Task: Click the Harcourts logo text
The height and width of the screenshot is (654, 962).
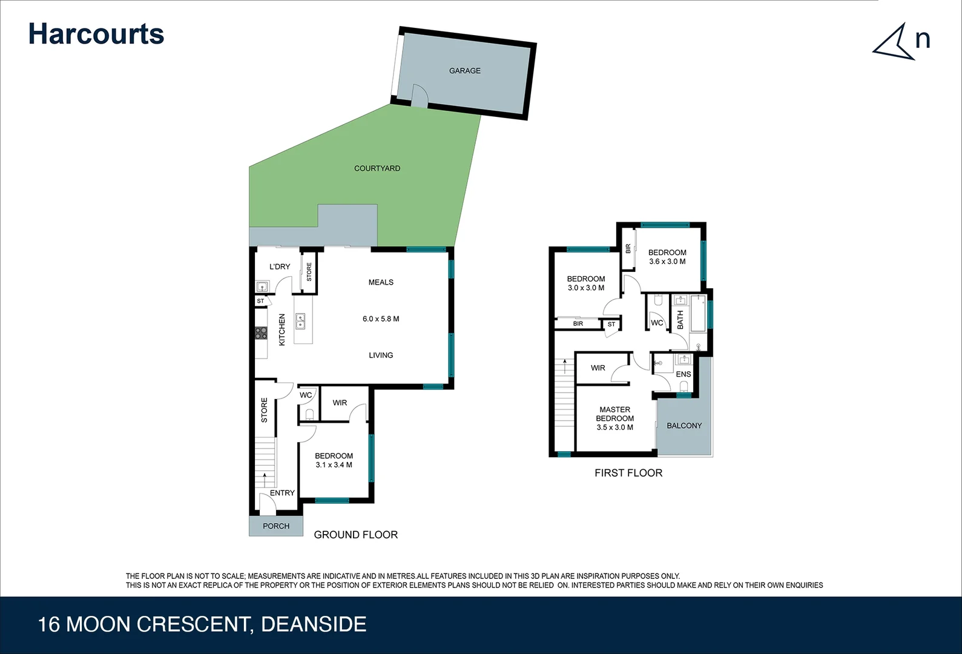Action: pyautogui.click(x=96, y=34)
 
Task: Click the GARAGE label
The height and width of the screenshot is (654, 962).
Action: pyautogui.click(x=464, y=71)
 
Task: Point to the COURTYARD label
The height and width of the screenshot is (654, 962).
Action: pyautogui.click(x=377, y=168)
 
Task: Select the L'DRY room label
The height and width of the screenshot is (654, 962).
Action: pyautogui.click(x=279, y=266)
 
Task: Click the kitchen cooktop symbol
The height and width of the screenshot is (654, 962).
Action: pyautogui.click(x=261, y=332)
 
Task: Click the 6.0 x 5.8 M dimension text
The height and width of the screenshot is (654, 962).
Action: pyautogui.click(x=380, y=319)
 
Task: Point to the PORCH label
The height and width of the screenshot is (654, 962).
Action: pyautogui.click(x=275, y=526)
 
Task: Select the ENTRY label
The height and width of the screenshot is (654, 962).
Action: pyautogui.click(x=282, y=493)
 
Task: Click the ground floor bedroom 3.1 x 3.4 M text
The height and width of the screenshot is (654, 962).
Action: pyautogui.click(x=334, y=465)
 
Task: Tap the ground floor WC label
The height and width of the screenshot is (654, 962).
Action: pyautogui.click(x=306, y=395)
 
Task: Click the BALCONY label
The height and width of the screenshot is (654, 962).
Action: pyautogui.click(x=684, y=426)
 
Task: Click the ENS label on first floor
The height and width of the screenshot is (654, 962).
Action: pyautogui.click(x=683, y=374)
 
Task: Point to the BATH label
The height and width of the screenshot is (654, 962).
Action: pyautogui.click(x=680, y=320)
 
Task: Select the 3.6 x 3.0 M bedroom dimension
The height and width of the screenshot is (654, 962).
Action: pyautogui.click(x=667, y=262)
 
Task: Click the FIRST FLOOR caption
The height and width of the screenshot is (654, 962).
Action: pyautogui.click(x=628, y=473)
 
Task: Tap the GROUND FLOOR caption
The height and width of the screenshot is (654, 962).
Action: pyautogui.click(x=355, y=535)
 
